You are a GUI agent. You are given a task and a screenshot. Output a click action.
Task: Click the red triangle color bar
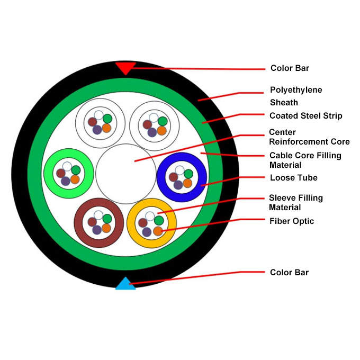click(x=125, y=67)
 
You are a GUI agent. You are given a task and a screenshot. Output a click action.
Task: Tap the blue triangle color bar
click(x=125, y=284)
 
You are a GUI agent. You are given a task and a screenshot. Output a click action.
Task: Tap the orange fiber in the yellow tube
click(x=158, y=231)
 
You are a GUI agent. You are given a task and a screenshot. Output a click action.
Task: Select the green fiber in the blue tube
click(x=188, y=174)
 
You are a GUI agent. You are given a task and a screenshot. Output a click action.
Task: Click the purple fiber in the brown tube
click(x=96, y=230)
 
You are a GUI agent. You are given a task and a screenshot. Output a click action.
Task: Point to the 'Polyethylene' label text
click(x=296, y=90)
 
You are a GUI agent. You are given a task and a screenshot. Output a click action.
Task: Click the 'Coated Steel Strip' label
click(x=305, y=115)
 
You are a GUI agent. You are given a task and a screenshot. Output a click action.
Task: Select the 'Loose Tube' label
click(x=293, y=178)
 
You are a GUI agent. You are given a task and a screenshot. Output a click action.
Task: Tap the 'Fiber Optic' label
click(x=291, y=221)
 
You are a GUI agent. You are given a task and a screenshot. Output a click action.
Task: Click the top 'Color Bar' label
click(x=290, y=68)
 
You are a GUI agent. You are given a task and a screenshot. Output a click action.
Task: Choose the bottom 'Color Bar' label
click(x=289, y=273)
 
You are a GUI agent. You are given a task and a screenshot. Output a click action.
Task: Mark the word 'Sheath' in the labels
click(x=284, y=103)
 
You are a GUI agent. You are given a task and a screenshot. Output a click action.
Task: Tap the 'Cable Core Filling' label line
click(x=305, y=156)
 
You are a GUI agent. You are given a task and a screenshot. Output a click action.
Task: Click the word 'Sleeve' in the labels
click(x=282, y=198)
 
